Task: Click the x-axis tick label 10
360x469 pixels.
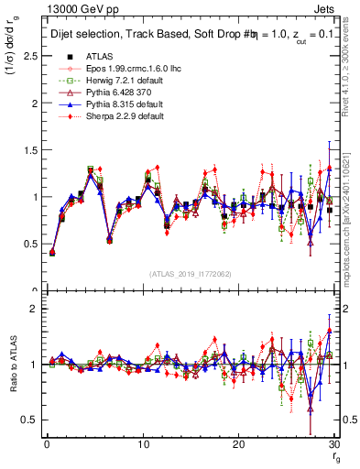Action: [143, 444]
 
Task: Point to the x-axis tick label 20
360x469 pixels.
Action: [239, 444]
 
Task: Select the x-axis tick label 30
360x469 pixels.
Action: [335, 444]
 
